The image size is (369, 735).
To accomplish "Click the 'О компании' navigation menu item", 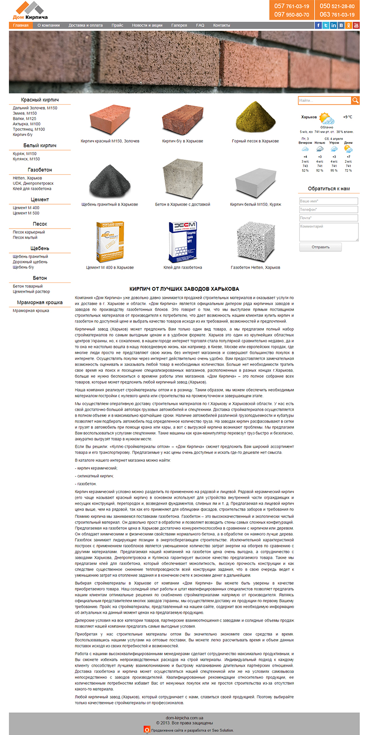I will pos(48,25).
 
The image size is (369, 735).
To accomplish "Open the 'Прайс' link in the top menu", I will pos(117,25).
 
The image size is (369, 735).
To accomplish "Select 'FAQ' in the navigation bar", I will pos(200,25).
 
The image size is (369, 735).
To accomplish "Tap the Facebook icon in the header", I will pos(318,25).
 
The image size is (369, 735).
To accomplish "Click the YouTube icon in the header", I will pos(356,25).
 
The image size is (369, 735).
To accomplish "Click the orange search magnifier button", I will pos(355,100).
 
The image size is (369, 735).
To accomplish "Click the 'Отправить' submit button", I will pos(321,247).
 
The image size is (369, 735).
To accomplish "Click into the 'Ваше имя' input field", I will pos(328,201).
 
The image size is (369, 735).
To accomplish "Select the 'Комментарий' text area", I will pos(328,232).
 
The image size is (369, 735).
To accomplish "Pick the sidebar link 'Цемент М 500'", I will pos(26,213).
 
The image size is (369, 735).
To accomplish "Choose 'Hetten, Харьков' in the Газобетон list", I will pos(28,178).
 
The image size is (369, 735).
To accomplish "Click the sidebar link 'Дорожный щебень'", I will pos(30,262).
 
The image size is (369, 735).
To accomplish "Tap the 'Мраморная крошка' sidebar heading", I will pos(40,302).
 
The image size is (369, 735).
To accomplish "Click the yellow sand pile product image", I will pos(255,117).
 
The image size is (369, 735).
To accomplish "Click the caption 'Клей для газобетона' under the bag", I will pos(183,267).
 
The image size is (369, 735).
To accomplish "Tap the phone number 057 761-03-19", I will pos(292,6).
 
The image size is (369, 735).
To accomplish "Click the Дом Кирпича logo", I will pos(30,11).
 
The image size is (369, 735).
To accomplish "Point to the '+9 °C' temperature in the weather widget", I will pos(347,117).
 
